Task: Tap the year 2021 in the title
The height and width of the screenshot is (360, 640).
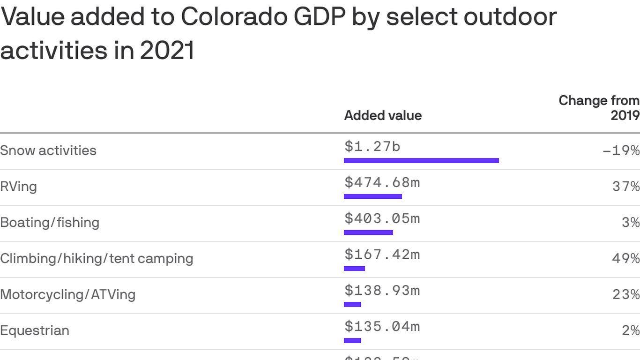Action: [x=167, y=51]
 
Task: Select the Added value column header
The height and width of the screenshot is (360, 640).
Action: [x=383, y=116]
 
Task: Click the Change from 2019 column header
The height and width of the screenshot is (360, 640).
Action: [x=599, y=108]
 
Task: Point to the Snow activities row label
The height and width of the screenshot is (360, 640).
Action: [x=48, y=150]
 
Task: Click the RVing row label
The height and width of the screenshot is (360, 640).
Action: [x=18, y=187]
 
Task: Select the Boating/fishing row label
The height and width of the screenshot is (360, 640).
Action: [x=50, y=222]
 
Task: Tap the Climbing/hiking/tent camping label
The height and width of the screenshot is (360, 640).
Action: [x=97, y=258]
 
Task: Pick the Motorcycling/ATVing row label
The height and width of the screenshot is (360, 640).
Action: [x=68, y=294]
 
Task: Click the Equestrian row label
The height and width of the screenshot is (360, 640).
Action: [x=35, y=330]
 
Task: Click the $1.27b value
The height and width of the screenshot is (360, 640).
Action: [x=372, y=147]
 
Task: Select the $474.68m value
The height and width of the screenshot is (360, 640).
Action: [x=382, y=182]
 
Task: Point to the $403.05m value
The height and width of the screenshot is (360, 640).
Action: [x=382, y=218]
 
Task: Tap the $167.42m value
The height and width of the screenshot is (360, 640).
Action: [x=382, y=255]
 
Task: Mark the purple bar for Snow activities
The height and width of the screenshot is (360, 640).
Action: [x=421, y=161]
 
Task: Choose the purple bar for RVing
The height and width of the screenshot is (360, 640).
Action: [x=373, y=196]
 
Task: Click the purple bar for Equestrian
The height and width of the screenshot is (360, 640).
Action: [x=352, y=340]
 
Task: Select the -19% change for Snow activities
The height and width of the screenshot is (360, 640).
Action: [x=621, y=150]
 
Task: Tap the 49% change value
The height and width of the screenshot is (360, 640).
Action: [x=626, y=258]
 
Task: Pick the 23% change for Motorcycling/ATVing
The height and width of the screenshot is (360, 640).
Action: [x=626, y=294]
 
